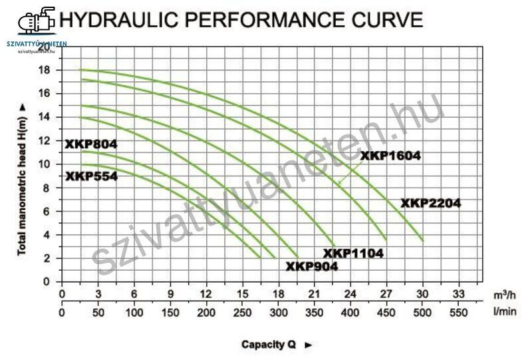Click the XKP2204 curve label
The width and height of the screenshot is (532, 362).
(431, 204)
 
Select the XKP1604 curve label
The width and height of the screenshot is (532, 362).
(391, 156)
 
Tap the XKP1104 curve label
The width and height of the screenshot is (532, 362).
(354, 254)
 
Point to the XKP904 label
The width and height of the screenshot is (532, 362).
(312, 266)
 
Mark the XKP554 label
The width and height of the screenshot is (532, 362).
(91, 176)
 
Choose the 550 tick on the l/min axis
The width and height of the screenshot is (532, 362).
(458, 311)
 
